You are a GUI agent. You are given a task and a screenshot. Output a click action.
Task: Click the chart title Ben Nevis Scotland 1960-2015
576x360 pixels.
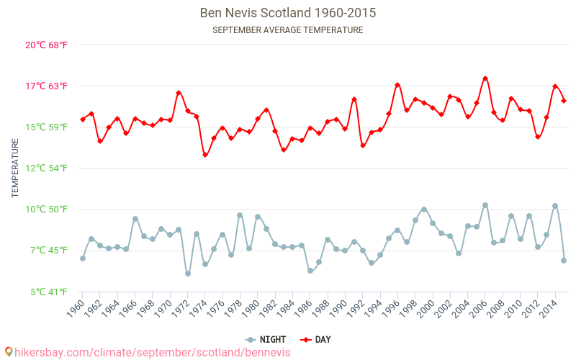[288, 13]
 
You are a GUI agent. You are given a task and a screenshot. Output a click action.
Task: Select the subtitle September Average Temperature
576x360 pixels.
[288, 30]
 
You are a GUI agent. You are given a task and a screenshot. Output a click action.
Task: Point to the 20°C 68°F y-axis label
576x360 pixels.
[46, 45]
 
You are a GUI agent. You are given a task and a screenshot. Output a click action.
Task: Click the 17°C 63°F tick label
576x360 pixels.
[46, 86]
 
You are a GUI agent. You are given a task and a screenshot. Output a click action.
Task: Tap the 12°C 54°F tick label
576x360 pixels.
[46, 168]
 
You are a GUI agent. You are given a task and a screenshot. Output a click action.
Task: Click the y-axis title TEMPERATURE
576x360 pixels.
[15, 168]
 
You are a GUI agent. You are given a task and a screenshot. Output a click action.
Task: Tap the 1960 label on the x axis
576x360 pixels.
[76, 308]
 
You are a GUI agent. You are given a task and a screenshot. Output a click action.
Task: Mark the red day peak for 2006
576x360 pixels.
[485, 78]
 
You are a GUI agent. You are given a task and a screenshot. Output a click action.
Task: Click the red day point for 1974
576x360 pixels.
[205, 155]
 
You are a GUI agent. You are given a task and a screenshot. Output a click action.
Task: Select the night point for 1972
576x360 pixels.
[188, 274]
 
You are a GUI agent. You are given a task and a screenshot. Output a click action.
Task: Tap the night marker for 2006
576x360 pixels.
[485, 205]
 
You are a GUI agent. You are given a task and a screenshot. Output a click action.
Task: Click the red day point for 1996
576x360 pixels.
[397, 85]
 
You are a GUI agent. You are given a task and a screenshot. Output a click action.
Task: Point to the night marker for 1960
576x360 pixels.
[83, 258]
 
